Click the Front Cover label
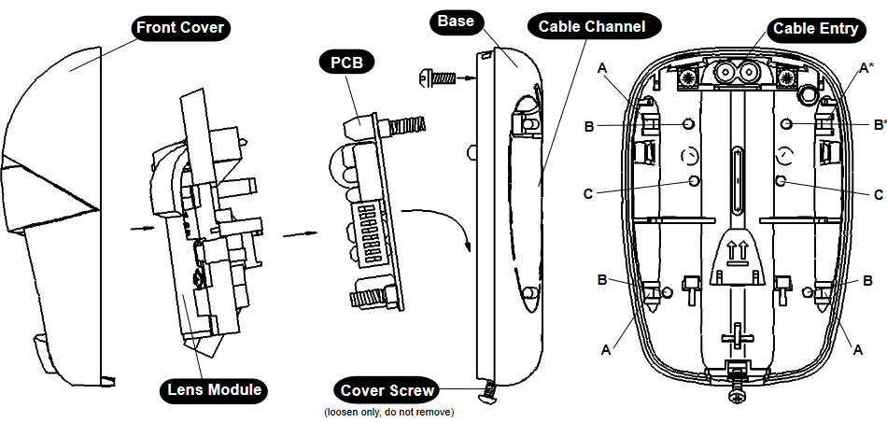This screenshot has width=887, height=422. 180,27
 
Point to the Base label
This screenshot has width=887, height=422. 457,21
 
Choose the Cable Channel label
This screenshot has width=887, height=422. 591,26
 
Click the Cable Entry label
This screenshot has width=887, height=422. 815,28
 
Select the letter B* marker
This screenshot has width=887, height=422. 879,123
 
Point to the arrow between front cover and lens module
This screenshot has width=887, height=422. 137,225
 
